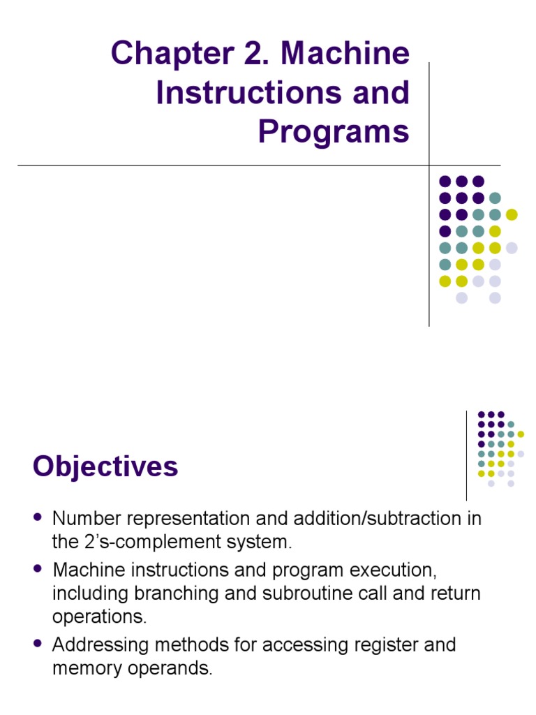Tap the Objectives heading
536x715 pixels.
[x=105, y=466]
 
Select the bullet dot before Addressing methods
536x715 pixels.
[x=38, y=643]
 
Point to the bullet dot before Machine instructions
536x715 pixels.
[x=38, y=569]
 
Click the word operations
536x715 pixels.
[x=98, y=617]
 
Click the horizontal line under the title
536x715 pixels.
[x=209, y=165]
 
